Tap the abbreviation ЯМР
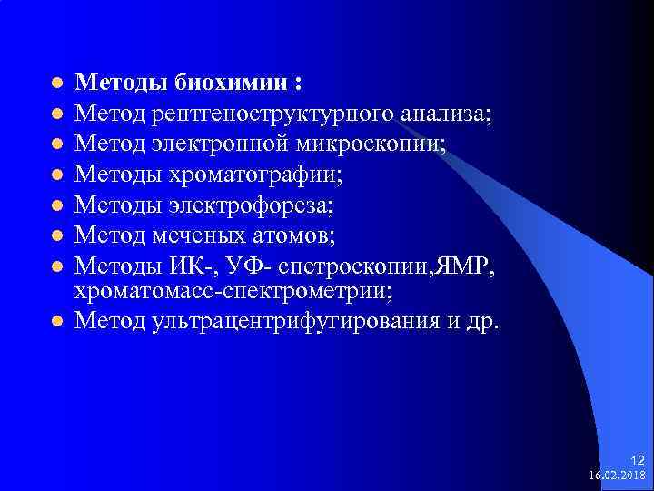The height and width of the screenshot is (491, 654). [461, 266]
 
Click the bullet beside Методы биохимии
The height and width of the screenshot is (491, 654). [56, 84]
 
